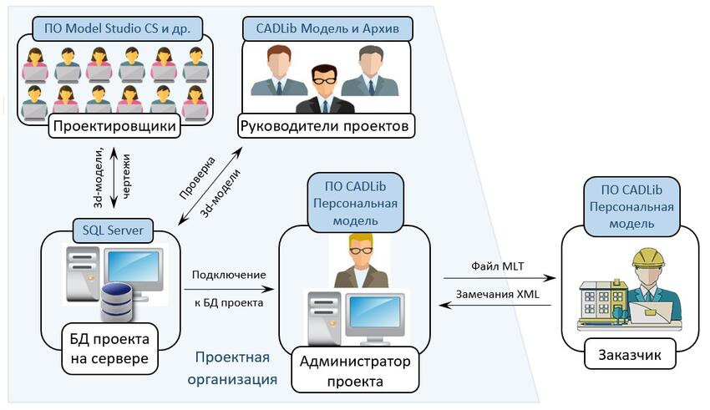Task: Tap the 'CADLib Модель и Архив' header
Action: click(327, 28)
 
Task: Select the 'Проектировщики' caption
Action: click(114, 127)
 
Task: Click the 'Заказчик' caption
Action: click(631, 355)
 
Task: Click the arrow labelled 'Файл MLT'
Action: click(501, 279)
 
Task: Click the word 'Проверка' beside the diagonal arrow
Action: click(195, 179)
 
